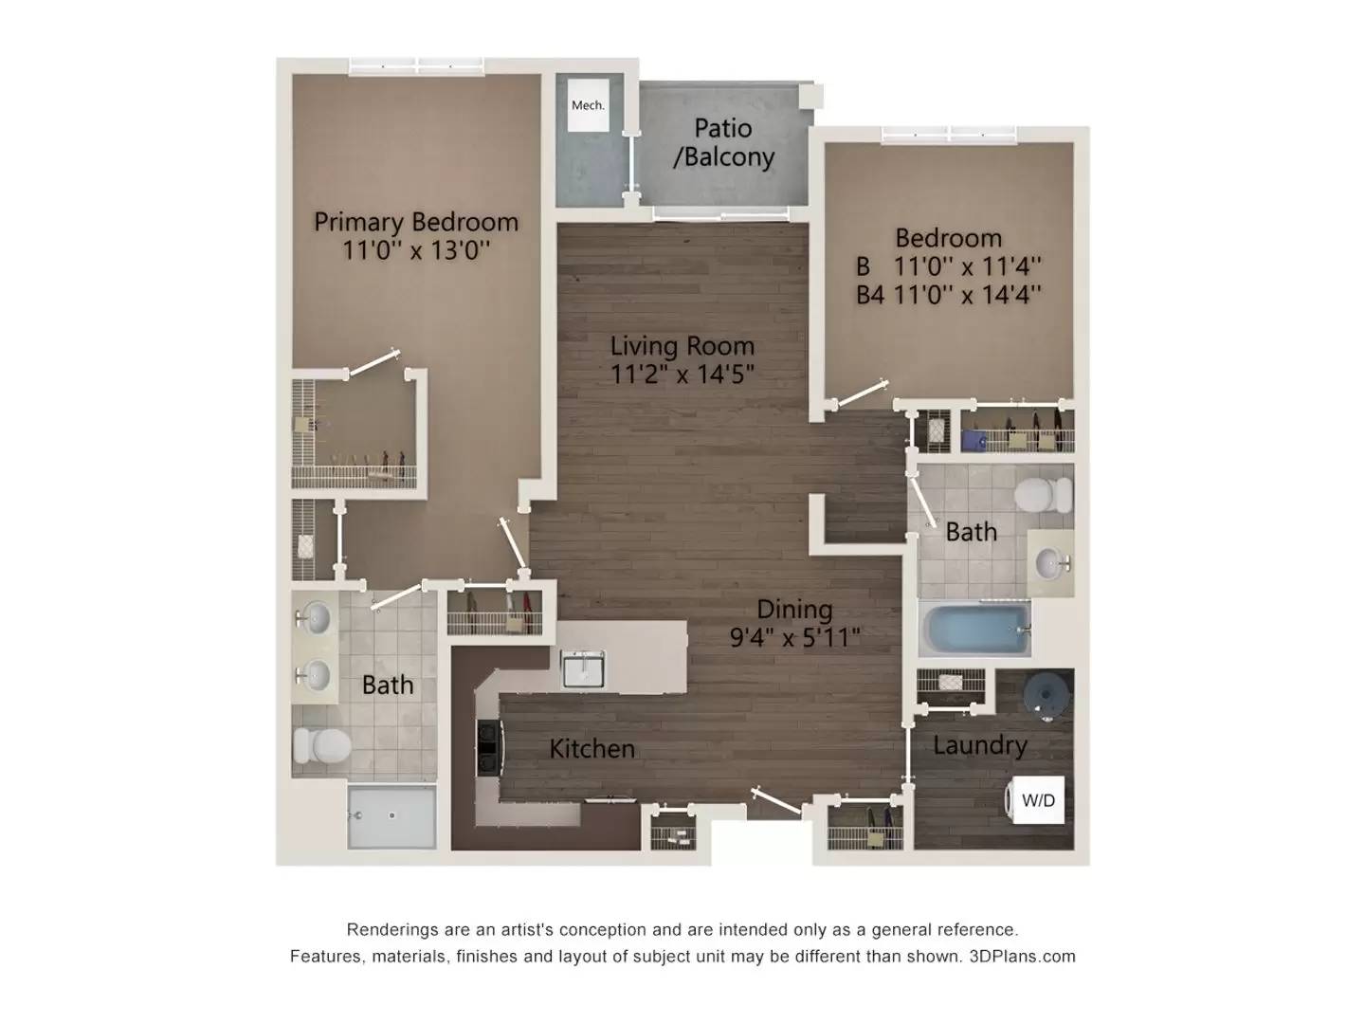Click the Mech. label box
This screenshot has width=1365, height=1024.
click(588, 105)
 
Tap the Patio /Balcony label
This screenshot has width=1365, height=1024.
click(723, 142)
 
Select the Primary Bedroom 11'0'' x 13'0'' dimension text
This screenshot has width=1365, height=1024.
click(416, 250)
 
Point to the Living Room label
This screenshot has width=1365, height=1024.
click(682, 346)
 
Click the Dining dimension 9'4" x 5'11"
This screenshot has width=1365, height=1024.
click(794, 636)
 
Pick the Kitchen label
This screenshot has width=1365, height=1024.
click(591, 749)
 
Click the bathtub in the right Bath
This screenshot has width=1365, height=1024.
click(975, 631)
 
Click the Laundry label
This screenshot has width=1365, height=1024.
click(979, 745)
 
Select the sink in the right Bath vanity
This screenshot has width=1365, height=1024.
click(1049, 563)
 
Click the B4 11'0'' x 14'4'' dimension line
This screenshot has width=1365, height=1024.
click(948, 295)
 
